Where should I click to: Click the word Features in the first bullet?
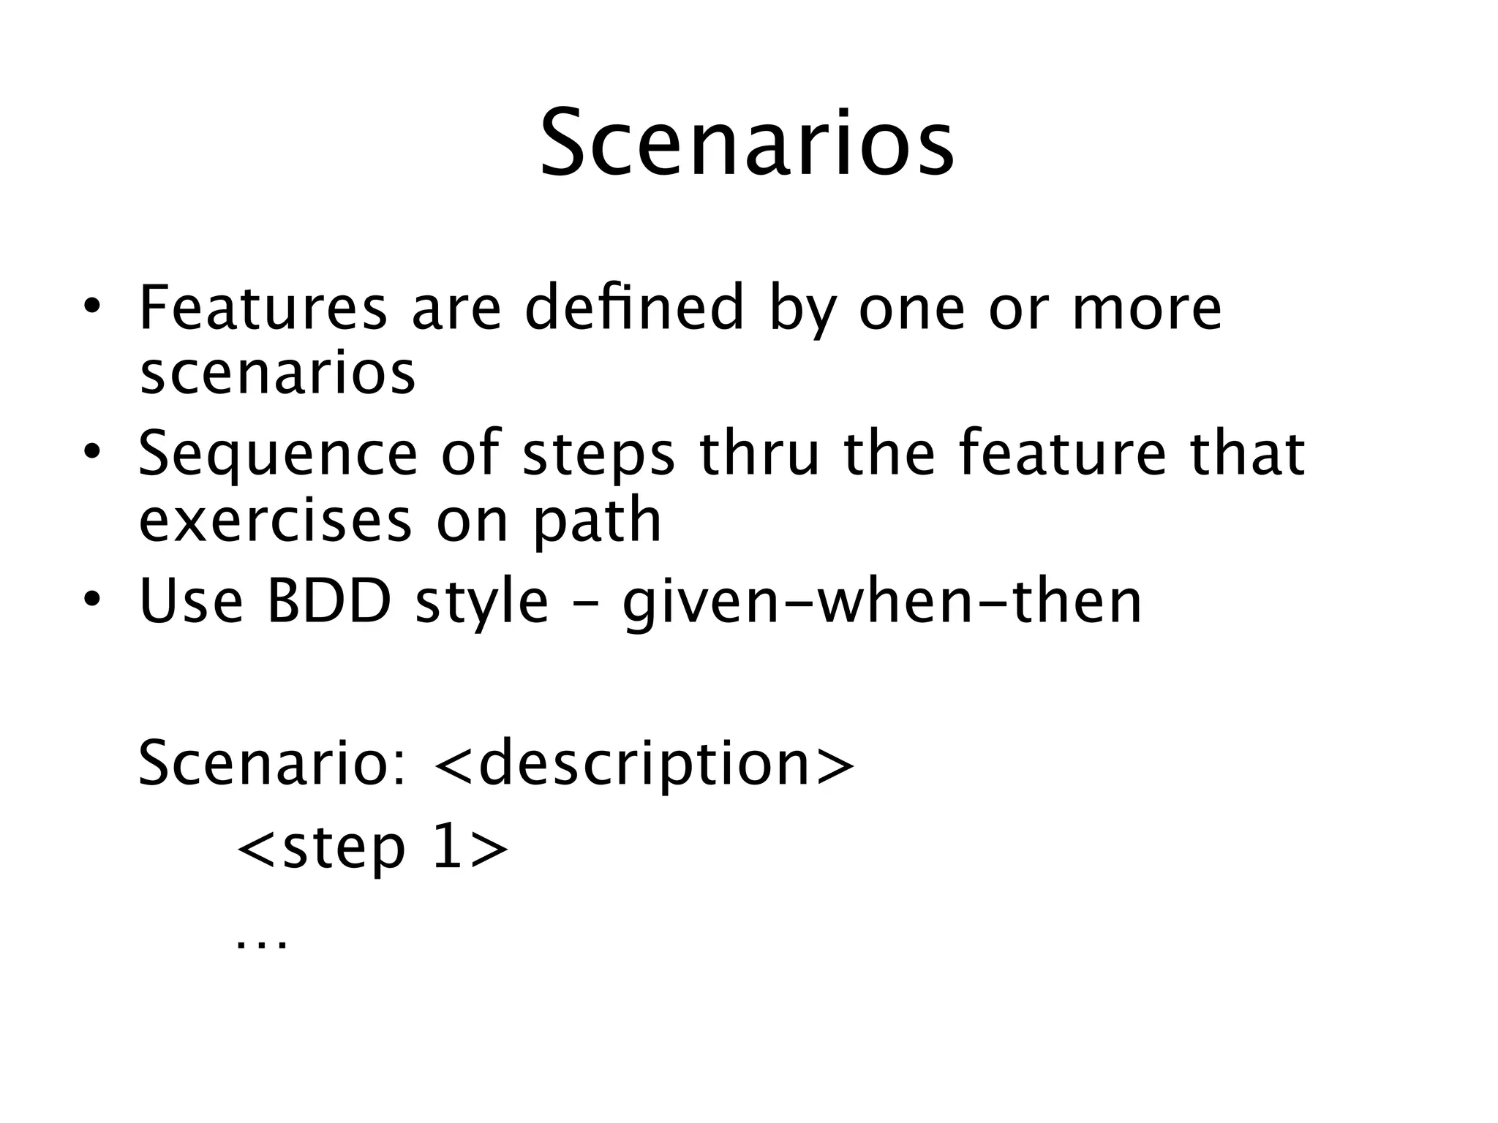click(263, 308)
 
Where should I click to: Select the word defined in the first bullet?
click(634, 308)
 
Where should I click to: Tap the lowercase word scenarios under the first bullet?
click(277, 374)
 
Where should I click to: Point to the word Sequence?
click(277, 455)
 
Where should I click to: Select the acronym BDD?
click(329, 602)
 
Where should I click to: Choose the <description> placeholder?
click(644, 765)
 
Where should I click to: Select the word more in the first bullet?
click(1146, 309)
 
